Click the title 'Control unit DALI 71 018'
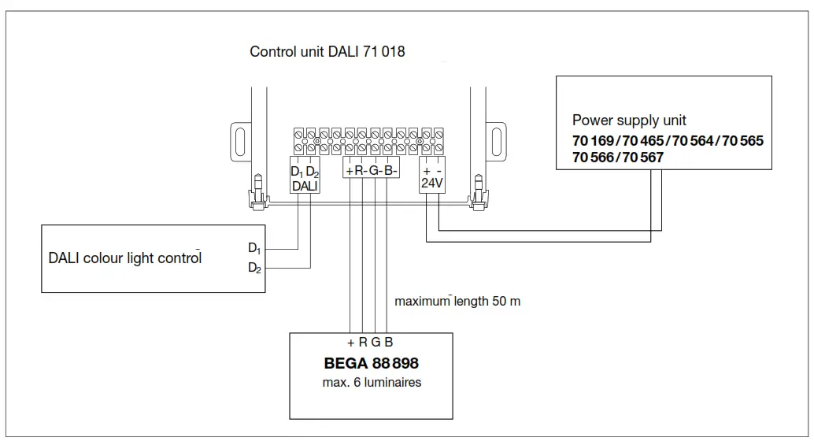tap(327, 53)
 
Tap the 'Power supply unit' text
tap(629, 121)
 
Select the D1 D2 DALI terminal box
tap(304, 178)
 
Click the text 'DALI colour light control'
tap(125, 258)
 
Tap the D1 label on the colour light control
tap(253, 248)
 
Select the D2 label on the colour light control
tap(253, 269)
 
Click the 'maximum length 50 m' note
tap(457, 301)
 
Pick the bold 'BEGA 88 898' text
tap(372, 365)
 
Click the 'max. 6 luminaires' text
tap(372, 383)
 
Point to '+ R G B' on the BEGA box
tap(370, 342)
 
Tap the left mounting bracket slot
tap(238, 141)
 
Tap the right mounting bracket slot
tap(496, 141)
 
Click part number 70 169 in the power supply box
tap(594, 142)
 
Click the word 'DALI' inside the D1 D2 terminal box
tap(304, 186)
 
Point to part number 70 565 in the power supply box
tap(742, 142)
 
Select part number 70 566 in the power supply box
tap(594, 158)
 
